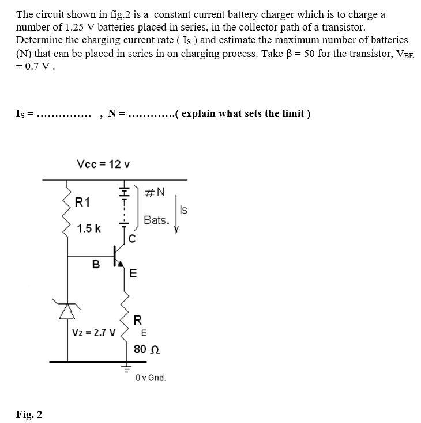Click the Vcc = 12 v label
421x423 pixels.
point(103,165)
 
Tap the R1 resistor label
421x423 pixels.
point(83,202)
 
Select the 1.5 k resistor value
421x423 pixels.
point(89,228)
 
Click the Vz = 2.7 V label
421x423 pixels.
point(93,333)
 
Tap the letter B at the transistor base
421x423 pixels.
point(96,264)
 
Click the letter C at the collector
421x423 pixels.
point(132,239)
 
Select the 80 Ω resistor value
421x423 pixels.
point(146,349)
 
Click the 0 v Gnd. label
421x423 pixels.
point(151,378)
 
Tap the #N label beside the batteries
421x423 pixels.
point(155,193)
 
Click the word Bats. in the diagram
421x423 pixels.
point(156,220)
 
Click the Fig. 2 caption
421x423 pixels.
point(29,414)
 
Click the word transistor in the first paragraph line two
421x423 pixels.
point(342,27)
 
